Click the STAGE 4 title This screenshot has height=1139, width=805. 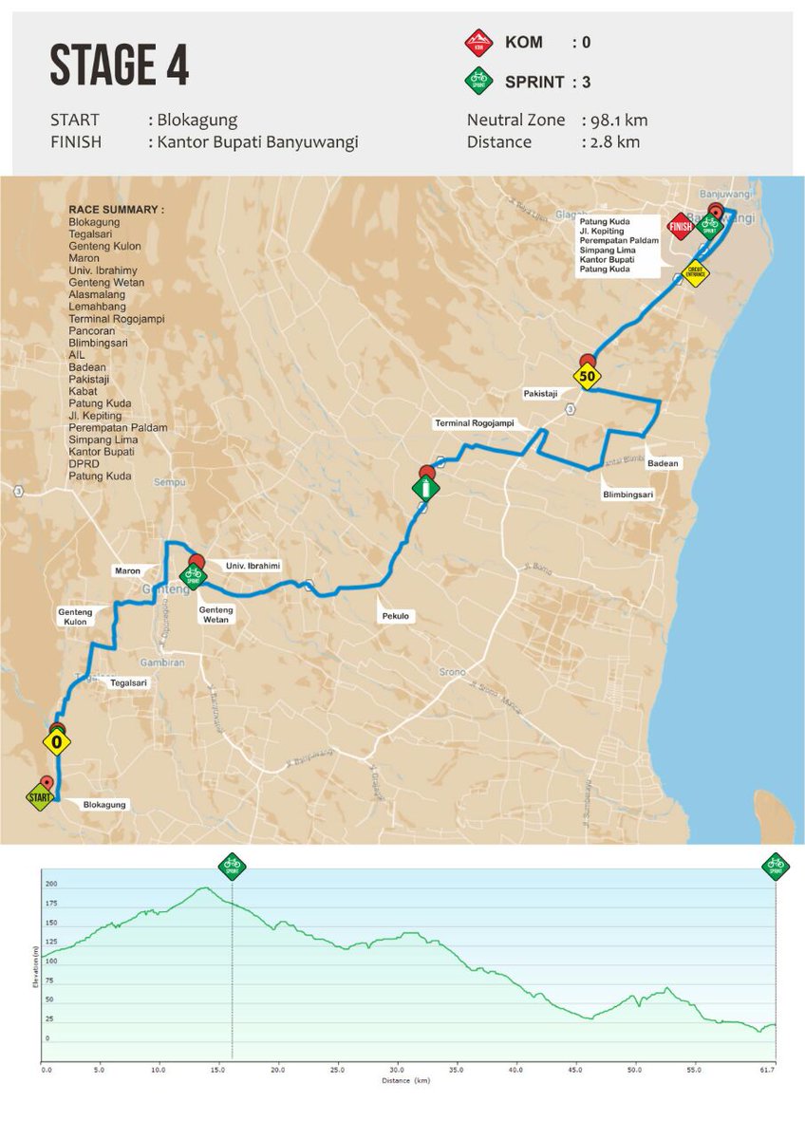coord(119,67)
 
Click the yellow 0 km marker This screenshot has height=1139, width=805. coord(57,741)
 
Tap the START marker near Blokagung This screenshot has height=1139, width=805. coord(41,797)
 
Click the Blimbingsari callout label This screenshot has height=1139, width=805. coord(627,495)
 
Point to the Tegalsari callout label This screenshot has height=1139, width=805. coord(130,682)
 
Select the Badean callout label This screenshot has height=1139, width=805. coord(662,463)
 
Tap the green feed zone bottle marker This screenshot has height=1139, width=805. coord(426,489)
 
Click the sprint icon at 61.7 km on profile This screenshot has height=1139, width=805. coord(776,865)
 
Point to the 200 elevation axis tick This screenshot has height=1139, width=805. coord(51,884)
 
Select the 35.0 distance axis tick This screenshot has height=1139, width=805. coord(456,1070)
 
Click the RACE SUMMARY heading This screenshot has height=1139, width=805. coord(116,209)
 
